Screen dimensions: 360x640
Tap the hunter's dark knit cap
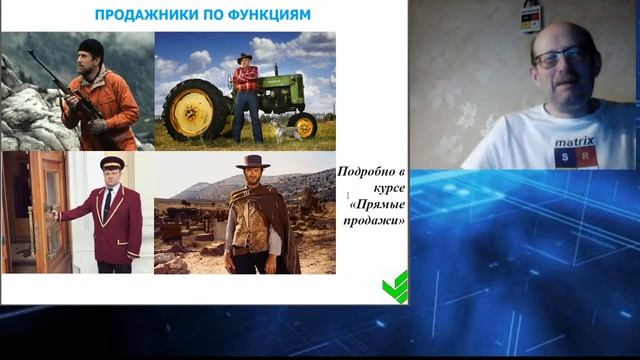click(x=91, y=47)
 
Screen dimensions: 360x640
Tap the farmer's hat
click(x=245, y=58)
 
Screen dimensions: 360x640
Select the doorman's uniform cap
click(x=110, y=163)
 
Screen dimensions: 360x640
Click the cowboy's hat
click(x=252, y=162)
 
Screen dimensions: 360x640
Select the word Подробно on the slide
click(x=372, y=171)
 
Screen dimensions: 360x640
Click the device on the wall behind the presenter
click(x=530, y=15)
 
